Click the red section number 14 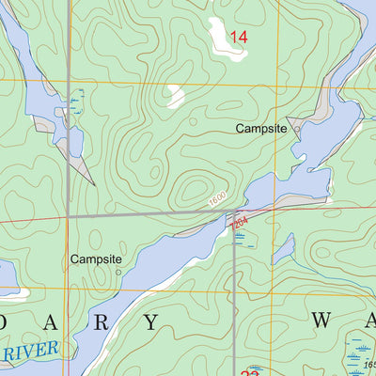coord(238,37)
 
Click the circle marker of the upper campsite coord(297,130)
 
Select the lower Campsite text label coord(96,258)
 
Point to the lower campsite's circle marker coord(118,272)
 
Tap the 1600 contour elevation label coord(219,201)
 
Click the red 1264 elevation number coord(238,222)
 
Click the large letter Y coord(151,322)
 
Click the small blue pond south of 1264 coord(282,249)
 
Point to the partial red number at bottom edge coord(250,371)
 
